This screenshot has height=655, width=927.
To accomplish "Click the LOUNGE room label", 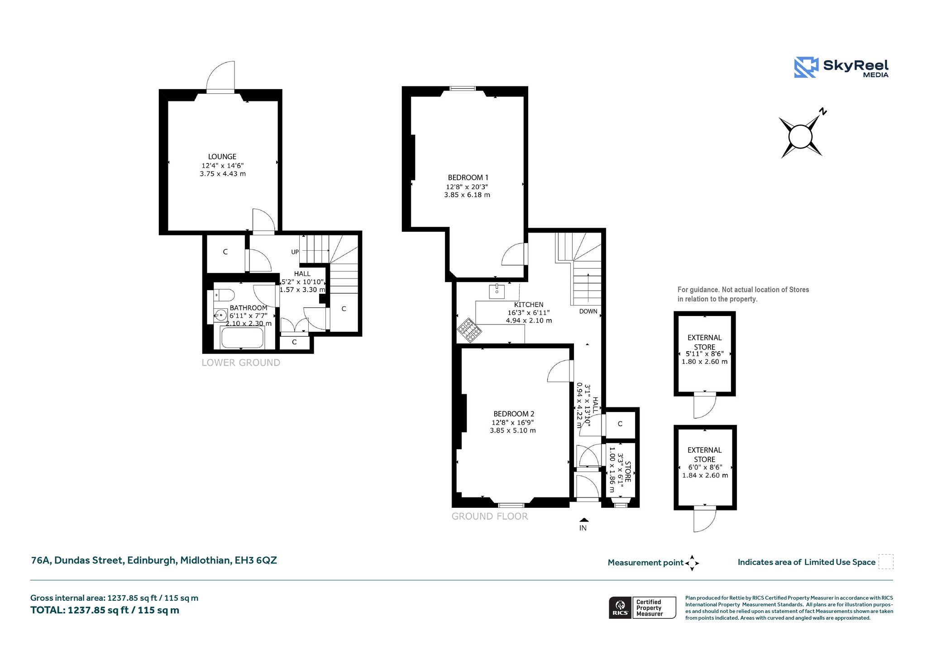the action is (x=222, y=157).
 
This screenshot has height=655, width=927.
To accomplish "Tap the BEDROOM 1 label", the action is (x=468, y=177).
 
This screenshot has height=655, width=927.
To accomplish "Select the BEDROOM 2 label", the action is (x=514, y=414).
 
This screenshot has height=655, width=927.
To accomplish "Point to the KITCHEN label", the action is (x=529, y=305).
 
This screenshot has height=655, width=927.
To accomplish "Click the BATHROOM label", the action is (x=248, y=308).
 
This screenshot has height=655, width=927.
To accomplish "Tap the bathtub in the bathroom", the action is (x=242, y=338).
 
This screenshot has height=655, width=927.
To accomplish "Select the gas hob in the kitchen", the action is (x=469, y=330).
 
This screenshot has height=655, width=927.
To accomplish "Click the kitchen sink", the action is (x=497, y=291).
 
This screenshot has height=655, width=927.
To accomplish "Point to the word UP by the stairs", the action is (x=295, y=252).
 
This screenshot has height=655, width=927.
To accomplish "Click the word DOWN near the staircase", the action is (x=588, y=311).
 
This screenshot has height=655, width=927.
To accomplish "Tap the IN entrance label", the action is (x=583, y=528).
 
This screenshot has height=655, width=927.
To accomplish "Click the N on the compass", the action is (x=823, y=111).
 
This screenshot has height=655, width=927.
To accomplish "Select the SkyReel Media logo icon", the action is (x=806, y=67).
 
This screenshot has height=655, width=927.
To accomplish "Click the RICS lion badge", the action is (x=620, y=607).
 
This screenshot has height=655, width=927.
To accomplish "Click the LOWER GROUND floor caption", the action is (x=241, y=363).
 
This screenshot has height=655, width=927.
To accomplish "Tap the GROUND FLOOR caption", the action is (x=490, y=516).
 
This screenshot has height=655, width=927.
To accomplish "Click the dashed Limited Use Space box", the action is (x=886, y=562).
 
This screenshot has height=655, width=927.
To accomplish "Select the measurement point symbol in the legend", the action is (x=692, y=563).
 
